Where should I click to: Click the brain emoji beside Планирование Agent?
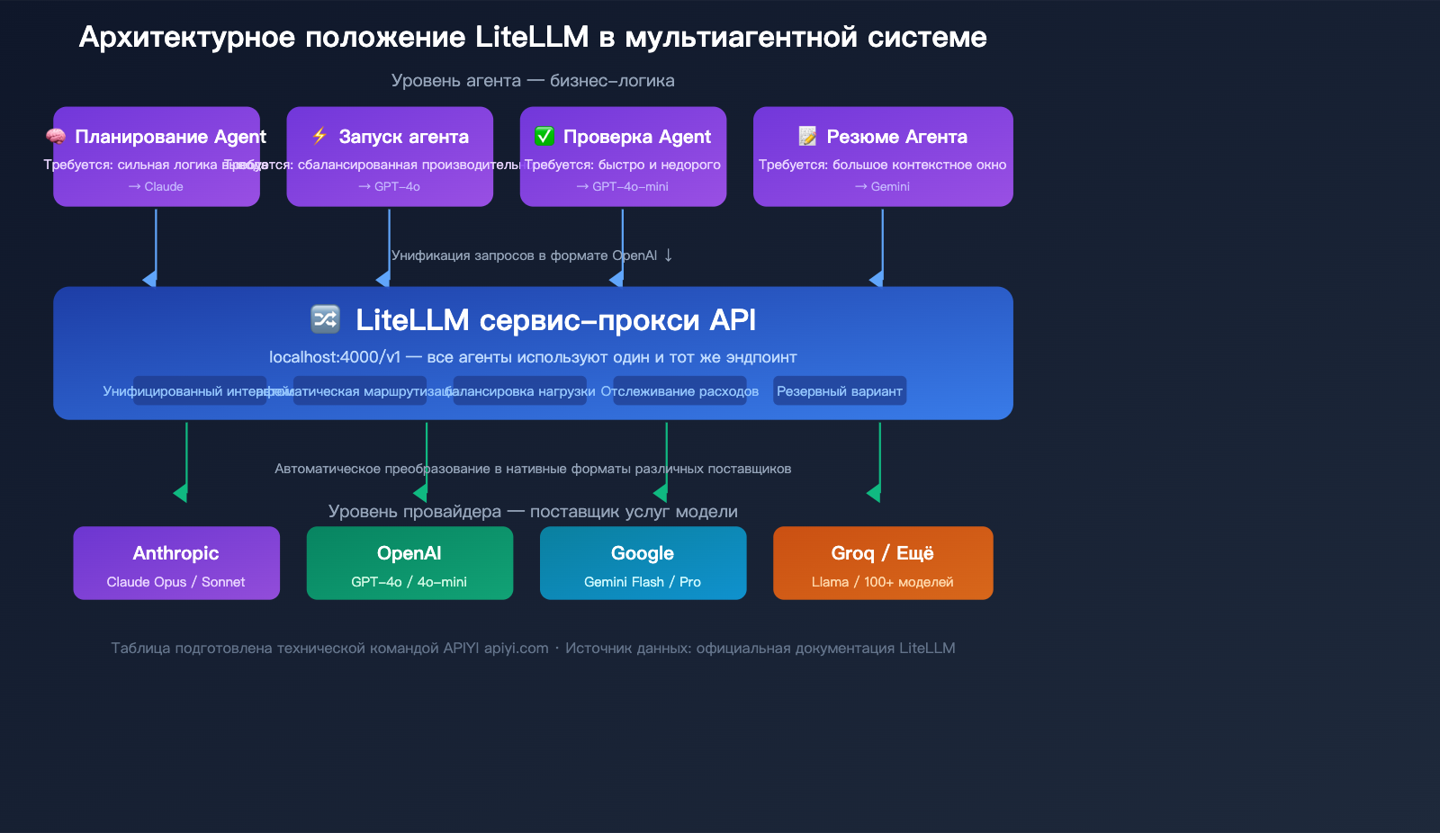[56, 137]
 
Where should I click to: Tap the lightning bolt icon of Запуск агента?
[319, 136]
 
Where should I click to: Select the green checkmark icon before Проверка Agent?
[544, 136]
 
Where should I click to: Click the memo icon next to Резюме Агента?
[807, 136]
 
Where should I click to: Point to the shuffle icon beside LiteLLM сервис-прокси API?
[325, 318]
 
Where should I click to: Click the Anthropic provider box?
[176, 563]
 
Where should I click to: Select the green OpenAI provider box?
[409, 563]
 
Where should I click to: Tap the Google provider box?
[643, 563]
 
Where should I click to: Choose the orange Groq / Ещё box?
[883, 563]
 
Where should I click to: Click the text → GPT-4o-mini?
[623, 186]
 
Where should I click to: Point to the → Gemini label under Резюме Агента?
[883, 186]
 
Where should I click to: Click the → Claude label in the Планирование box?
[156, 186]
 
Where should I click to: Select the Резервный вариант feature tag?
[839, 391]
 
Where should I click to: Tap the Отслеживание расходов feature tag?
[679, 391]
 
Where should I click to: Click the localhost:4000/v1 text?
[335, 357]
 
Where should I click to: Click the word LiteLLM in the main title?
[532, 37]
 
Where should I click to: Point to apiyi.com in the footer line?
[516, 649]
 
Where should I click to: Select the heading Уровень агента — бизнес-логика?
[533, 81]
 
